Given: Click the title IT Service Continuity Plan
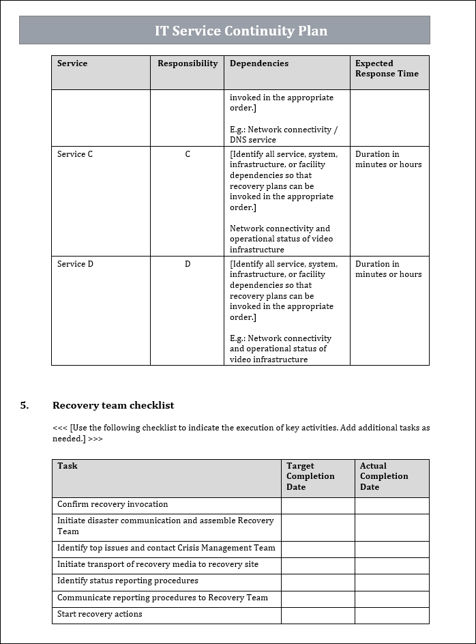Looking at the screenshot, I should click(x=241, y=31).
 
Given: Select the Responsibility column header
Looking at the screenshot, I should click(x=188, y=63).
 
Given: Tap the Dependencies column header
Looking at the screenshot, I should click(x=258, y=63).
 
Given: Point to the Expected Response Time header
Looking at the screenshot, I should click(x=387, y=68).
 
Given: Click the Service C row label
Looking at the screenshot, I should click(x=75, y=154).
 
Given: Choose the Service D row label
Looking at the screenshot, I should click(x=75, y=264).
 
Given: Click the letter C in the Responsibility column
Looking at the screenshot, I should click(x=188, y=154).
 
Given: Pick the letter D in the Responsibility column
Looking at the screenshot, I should click(x=188, y=264).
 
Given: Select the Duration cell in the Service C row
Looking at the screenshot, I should click(x=388, y=159).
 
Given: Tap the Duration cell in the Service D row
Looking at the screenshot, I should click(x=388, y=269).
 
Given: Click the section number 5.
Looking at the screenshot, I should click(x=25, y=405).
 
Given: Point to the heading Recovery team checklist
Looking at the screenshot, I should click(x=113, y=405).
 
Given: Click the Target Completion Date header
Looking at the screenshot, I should click(x=310, y=476).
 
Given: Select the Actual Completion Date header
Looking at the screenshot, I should click(x=384, y=476).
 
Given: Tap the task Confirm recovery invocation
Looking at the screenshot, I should click(x=113, y=505).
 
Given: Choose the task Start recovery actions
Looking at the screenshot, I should click(x=100, y=614).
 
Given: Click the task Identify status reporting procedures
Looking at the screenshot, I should click(x=128, y=581).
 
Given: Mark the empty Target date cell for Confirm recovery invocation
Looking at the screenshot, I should click(x=318, y=506).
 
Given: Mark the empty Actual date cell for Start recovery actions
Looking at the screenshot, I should click(x=391, y=615).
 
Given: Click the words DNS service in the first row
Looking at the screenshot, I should click(x=253, y=140).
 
